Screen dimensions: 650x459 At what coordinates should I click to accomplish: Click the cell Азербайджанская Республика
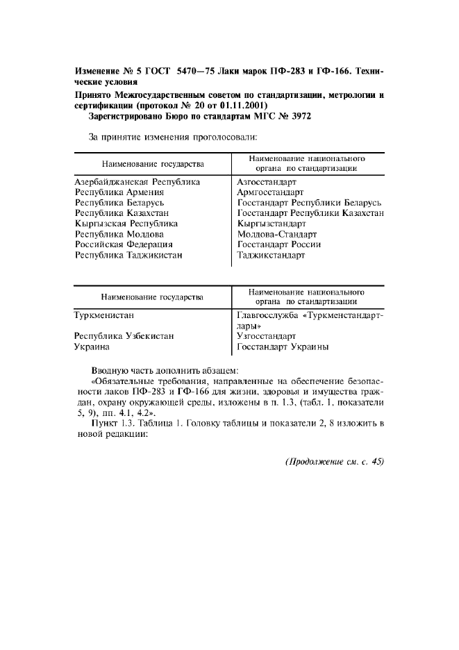(137, 182)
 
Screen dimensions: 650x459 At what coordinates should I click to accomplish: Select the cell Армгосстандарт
(270, 192)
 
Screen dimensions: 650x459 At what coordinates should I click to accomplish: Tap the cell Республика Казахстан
(122, 213)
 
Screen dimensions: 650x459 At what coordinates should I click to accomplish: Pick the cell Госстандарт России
(278, 244)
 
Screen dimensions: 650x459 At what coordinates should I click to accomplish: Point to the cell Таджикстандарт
(271, 255)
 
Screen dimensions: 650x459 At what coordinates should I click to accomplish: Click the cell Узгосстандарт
(266, 336)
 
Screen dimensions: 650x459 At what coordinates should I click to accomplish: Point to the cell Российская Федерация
(124, 244)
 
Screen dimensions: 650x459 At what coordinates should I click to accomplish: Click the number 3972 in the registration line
(299, 117)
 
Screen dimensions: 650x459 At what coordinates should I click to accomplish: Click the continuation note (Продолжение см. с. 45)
(334, 462)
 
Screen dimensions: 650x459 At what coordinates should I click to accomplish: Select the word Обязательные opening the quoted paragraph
(126, 381)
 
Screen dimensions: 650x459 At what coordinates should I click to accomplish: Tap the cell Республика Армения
(119, 192)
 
